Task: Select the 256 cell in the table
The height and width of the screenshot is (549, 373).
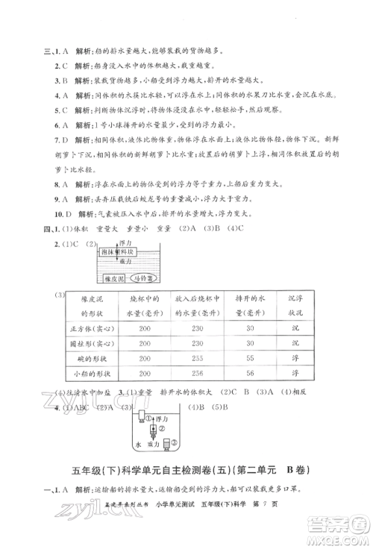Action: click(196, 397)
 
